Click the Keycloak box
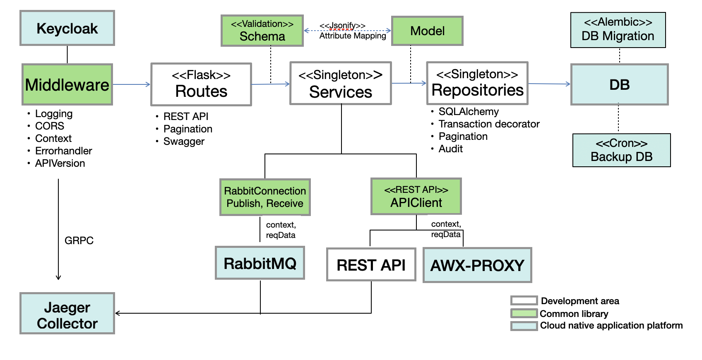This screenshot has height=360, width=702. point(67,28)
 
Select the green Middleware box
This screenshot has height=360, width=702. point(67,84)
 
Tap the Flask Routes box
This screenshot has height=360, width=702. point(201,84)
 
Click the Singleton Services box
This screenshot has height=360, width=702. point(341,84)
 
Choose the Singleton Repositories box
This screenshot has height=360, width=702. point(477,83)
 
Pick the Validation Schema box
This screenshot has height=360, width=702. point(262,31)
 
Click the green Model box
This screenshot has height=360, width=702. point(427,31)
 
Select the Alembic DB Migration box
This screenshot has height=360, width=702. point(618,30)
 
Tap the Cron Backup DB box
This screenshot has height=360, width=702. point(621,150)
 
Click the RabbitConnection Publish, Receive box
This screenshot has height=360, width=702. point(265,197)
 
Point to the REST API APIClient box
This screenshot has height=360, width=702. point(416,197)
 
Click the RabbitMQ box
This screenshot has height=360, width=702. point(260,263)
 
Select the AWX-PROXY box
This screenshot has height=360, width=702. point(477,265)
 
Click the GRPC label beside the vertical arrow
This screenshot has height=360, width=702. point(79,240)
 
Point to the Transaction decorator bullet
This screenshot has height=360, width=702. point(489,124)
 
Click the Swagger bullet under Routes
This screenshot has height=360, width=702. point(184,142)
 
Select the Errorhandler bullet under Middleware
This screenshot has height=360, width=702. point(63,151)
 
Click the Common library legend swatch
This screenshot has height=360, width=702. point(524,313)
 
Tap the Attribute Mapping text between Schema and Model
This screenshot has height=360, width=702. point(353,36)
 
